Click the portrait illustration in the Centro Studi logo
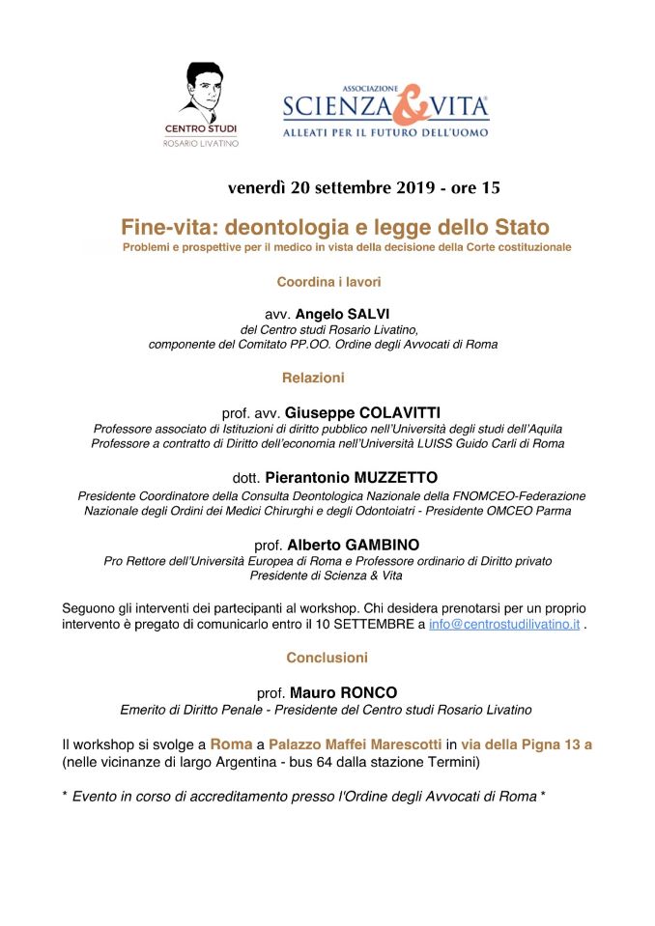pos(201,90)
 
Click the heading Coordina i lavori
pos(328,282)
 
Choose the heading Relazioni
pos(313,378)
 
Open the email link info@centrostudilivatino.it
pos(503,626)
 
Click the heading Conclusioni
pos(327,658)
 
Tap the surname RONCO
pos(374,692)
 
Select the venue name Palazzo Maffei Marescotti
pos(355,744)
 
